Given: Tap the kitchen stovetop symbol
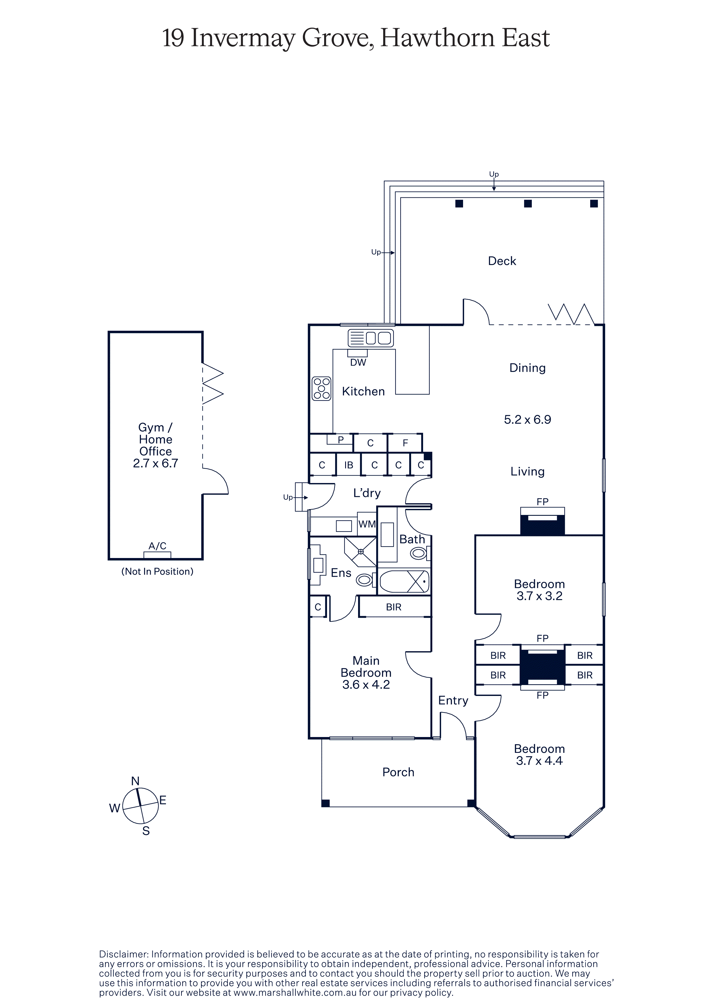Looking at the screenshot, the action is click(x=322, y=388).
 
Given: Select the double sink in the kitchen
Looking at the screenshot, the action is click(x=370, y=338).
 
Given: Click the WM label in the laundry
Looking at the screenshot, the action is click(x=367, y=524).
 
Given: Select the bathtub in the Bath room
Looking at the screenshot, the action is click(x=404, y=582).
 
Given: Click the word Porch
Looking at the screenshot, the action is click(x=398, y=772).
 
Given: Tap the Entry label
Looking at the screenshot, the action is click(x=453, y=701).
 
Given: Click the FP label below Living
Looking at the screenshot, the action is click(x=542, y=501).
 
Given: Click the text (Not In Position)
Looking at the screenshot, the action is click(x=157, y=571).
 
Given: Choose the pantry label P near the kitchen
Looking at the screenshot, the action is click(x=341, y=439).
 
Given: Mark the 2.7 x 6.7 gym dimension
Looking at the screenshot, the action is click(x=156, y=463).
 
